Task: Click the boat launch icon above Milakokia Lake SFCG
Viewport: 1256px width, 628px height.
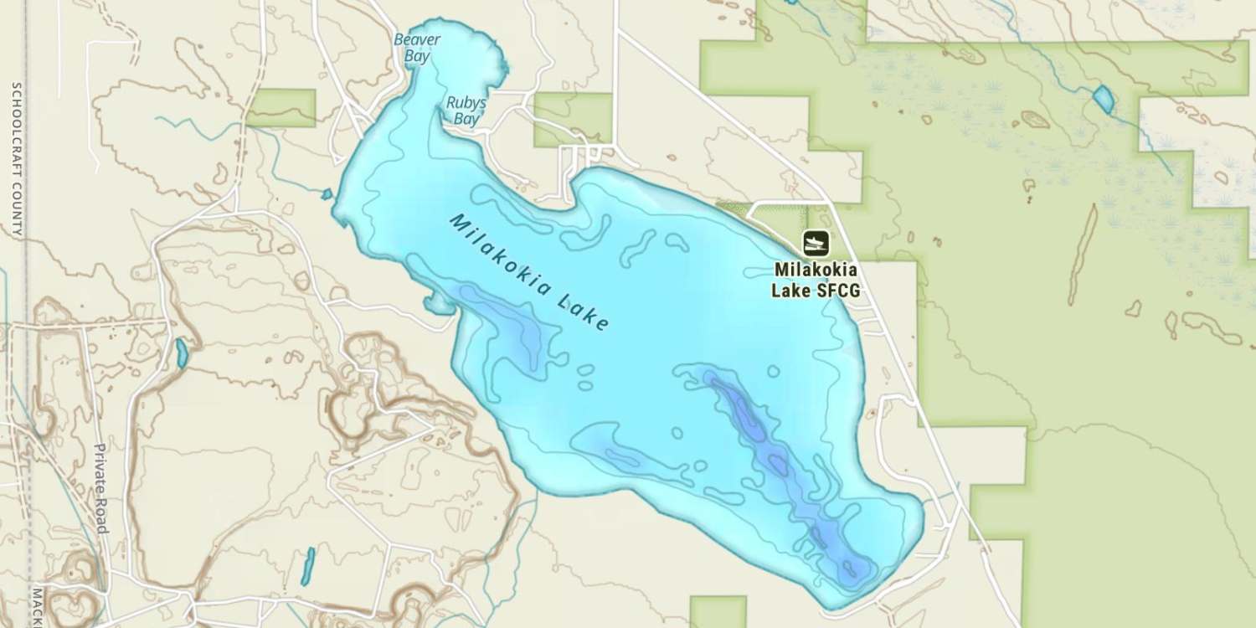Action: (x=816, y=243)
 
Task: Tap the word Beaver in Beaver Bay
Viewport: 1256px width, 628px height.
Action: (x=417, y=39)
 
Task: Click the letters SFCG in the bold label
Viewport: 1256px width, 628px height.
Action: (x=841, y=291)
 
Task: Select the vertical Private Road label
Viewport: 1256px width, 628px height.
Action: (x=101, y=488)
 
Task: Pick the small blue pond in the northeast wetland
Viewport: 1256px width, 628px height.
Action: (x=1104, y=100)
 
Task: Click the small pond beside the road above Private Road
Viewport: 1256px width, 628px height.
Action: (x=182, y=353)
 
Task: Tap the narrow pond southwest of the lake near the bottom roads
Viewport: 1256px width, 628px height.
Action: (x=307, y=566)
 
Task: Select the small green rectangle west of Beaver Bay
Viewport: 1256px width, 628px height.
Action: (x=281, y=106)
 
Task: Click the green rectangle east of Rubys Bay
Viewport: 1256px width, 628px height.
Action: (x=573, y=117)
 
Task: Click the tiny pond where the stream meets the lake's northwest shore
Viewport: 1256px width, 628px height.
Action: (x=327, y=195)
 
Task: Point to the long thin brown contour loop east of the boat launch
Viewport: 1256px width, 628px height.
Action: (x=1083, y=243)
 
